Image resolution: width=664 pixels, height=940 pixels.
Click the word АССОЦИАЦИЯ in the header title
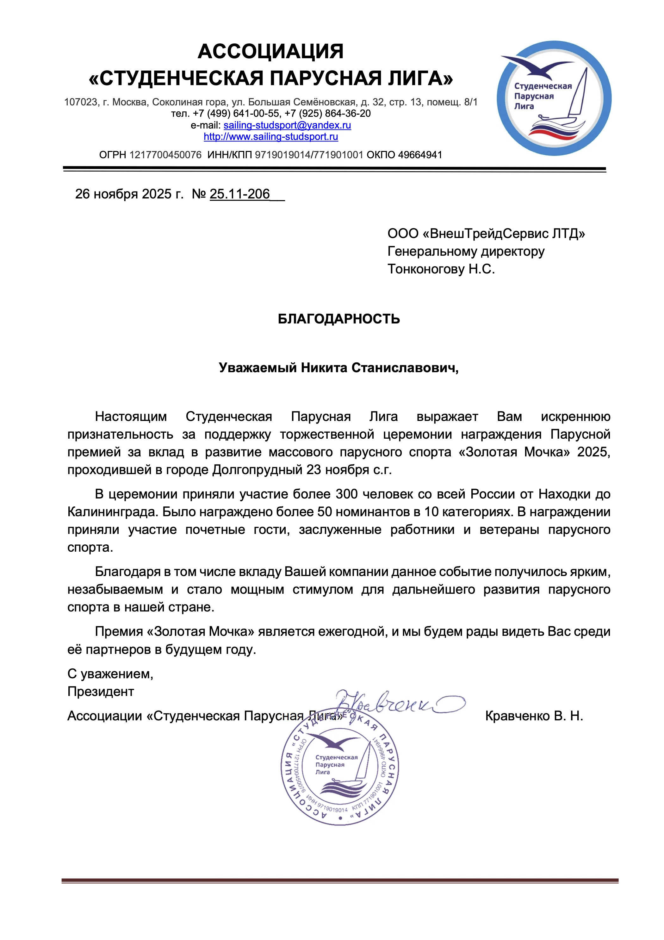coord(270,52)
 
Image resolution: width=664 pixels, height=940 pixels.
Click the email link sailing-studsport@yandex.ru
coord(287,125)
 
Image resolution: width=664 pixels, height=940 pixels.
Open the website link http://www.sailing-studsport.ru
coord(271,137)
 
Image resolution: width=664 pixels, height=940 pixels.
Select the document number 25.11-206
coord(240,194)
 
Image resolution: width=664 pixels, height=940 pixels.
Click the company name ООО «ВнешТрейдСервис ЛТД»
coord(486,234)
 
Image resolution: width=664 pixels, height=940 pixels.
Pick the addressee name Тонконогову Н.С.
coord(441,269)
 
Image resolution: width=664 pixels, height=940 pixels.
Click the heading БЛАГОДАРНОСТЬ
coord(339,319)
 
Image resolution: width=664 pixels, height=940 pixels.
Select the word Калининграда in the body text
coord(113,512)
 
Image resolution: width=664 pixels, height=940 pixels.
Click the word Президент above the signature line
coord(101,692)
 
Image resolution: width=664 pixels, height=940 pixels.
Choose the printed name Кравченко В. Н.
coord(534,716)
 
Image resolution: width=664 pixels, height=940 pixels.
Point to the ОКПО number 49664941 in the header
coord(420,155)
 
